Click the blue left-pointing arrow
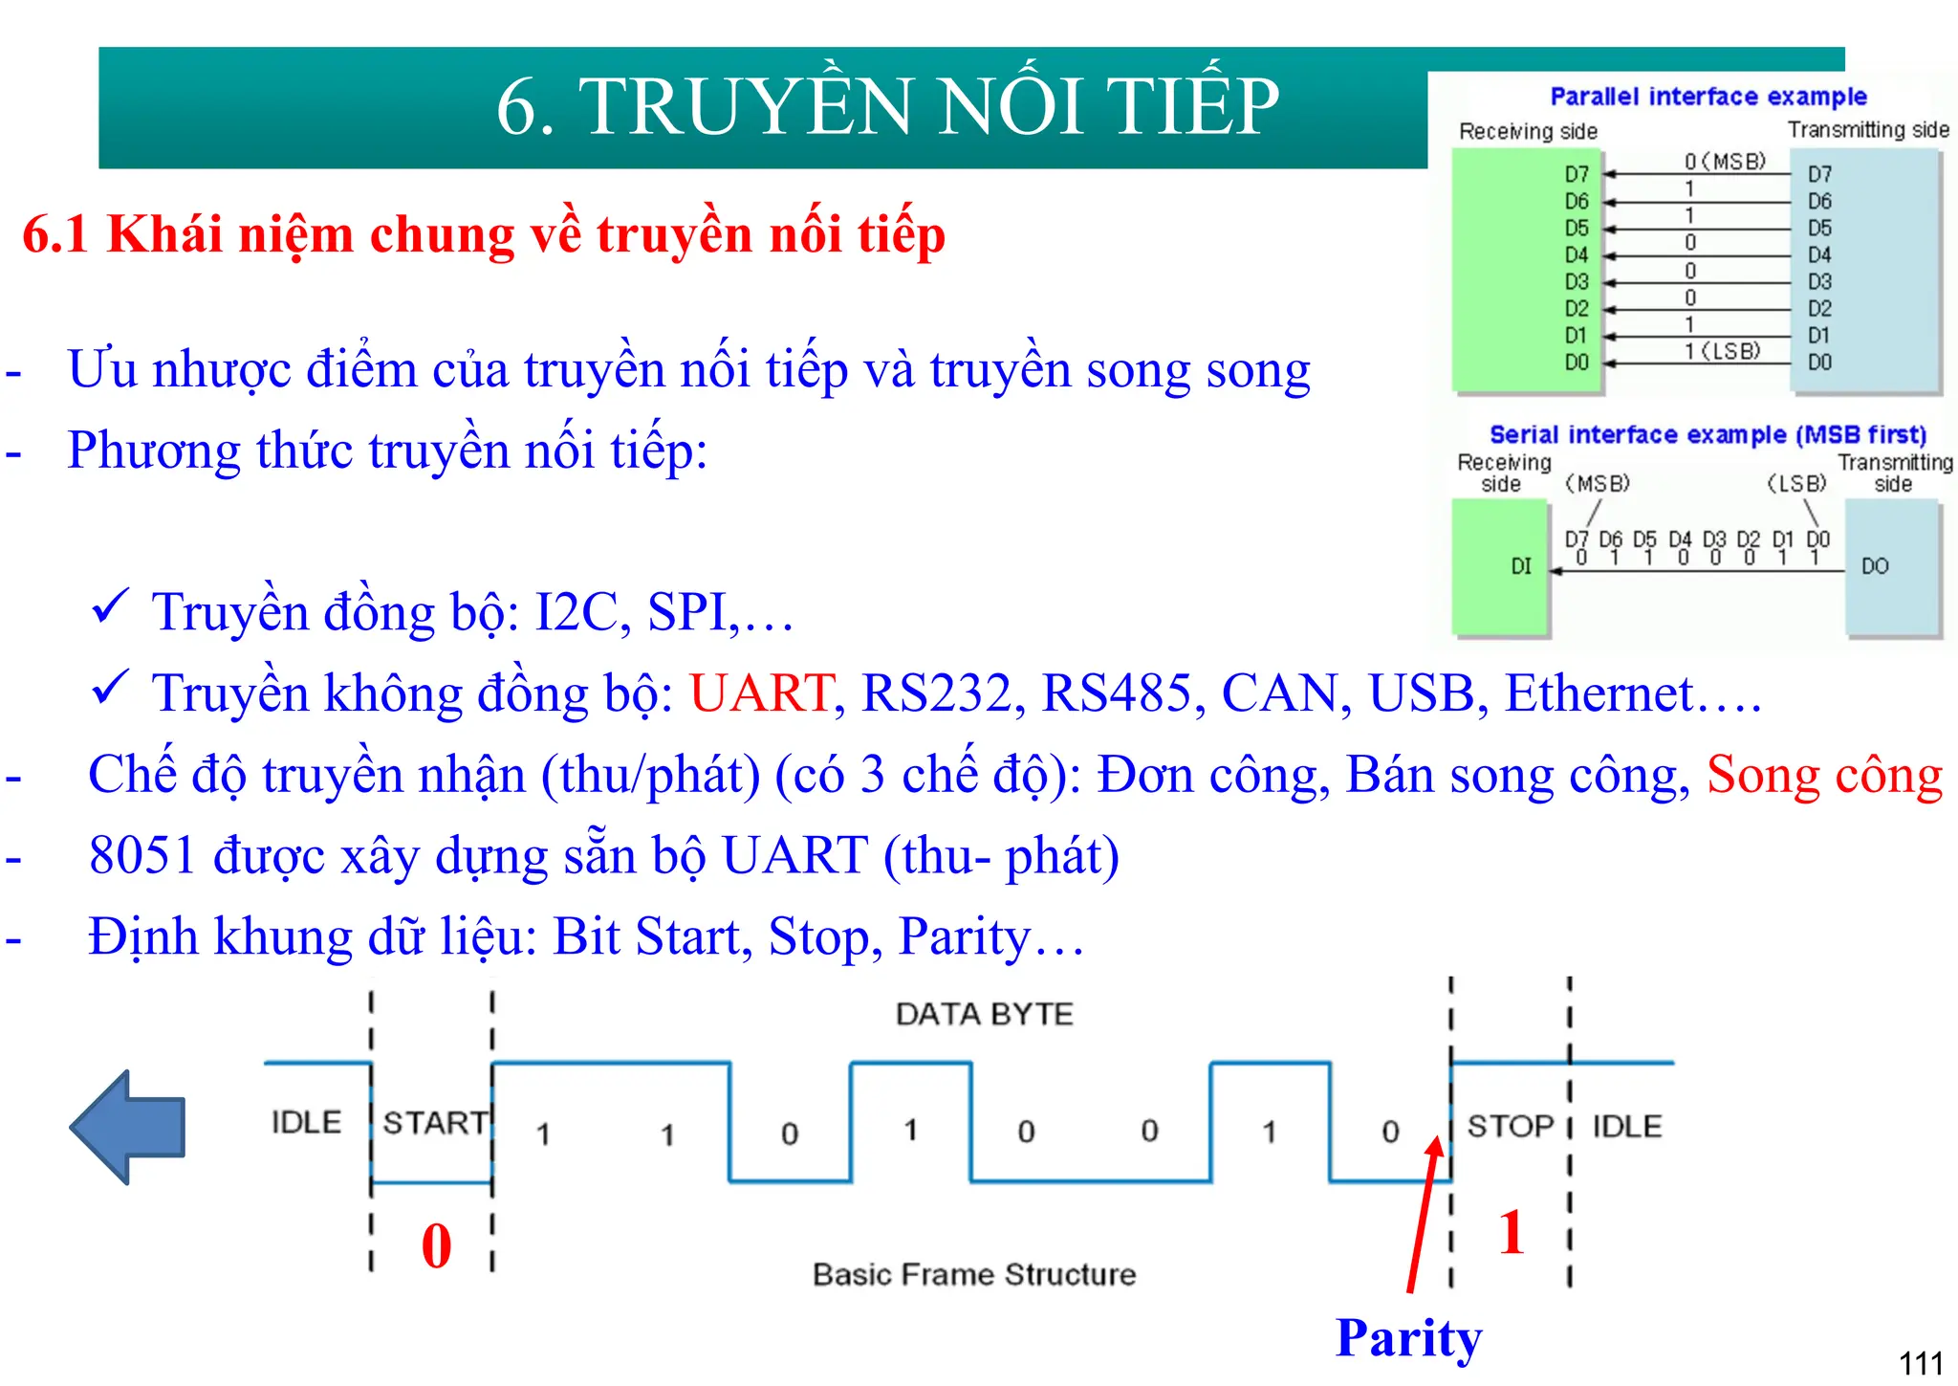(128, 1127)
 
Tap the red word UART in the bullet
(761, 693)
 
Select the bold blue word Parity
(1408, 1337)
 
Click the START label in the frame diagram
(435, 1122)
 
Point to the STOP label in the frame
(1511, 1126)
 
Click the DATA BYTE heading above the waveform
(984, 1014)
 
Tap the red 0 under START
(437, 1245)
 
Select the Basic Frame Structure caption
(974, 1274)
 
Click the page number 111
(1920, 1362)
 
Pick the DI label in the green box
(1520, 566)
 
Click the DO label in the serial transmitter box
(1875, 566)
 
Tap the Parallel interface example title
(1708, 97)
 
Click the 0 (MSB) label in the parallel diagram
(1725, 162)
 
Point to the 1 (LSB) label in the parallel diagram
(1722, 351)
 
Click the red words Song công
(1824, 775)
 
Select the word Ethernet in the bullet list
(1599, 693)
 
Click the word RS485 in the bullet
(1117, 693)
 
